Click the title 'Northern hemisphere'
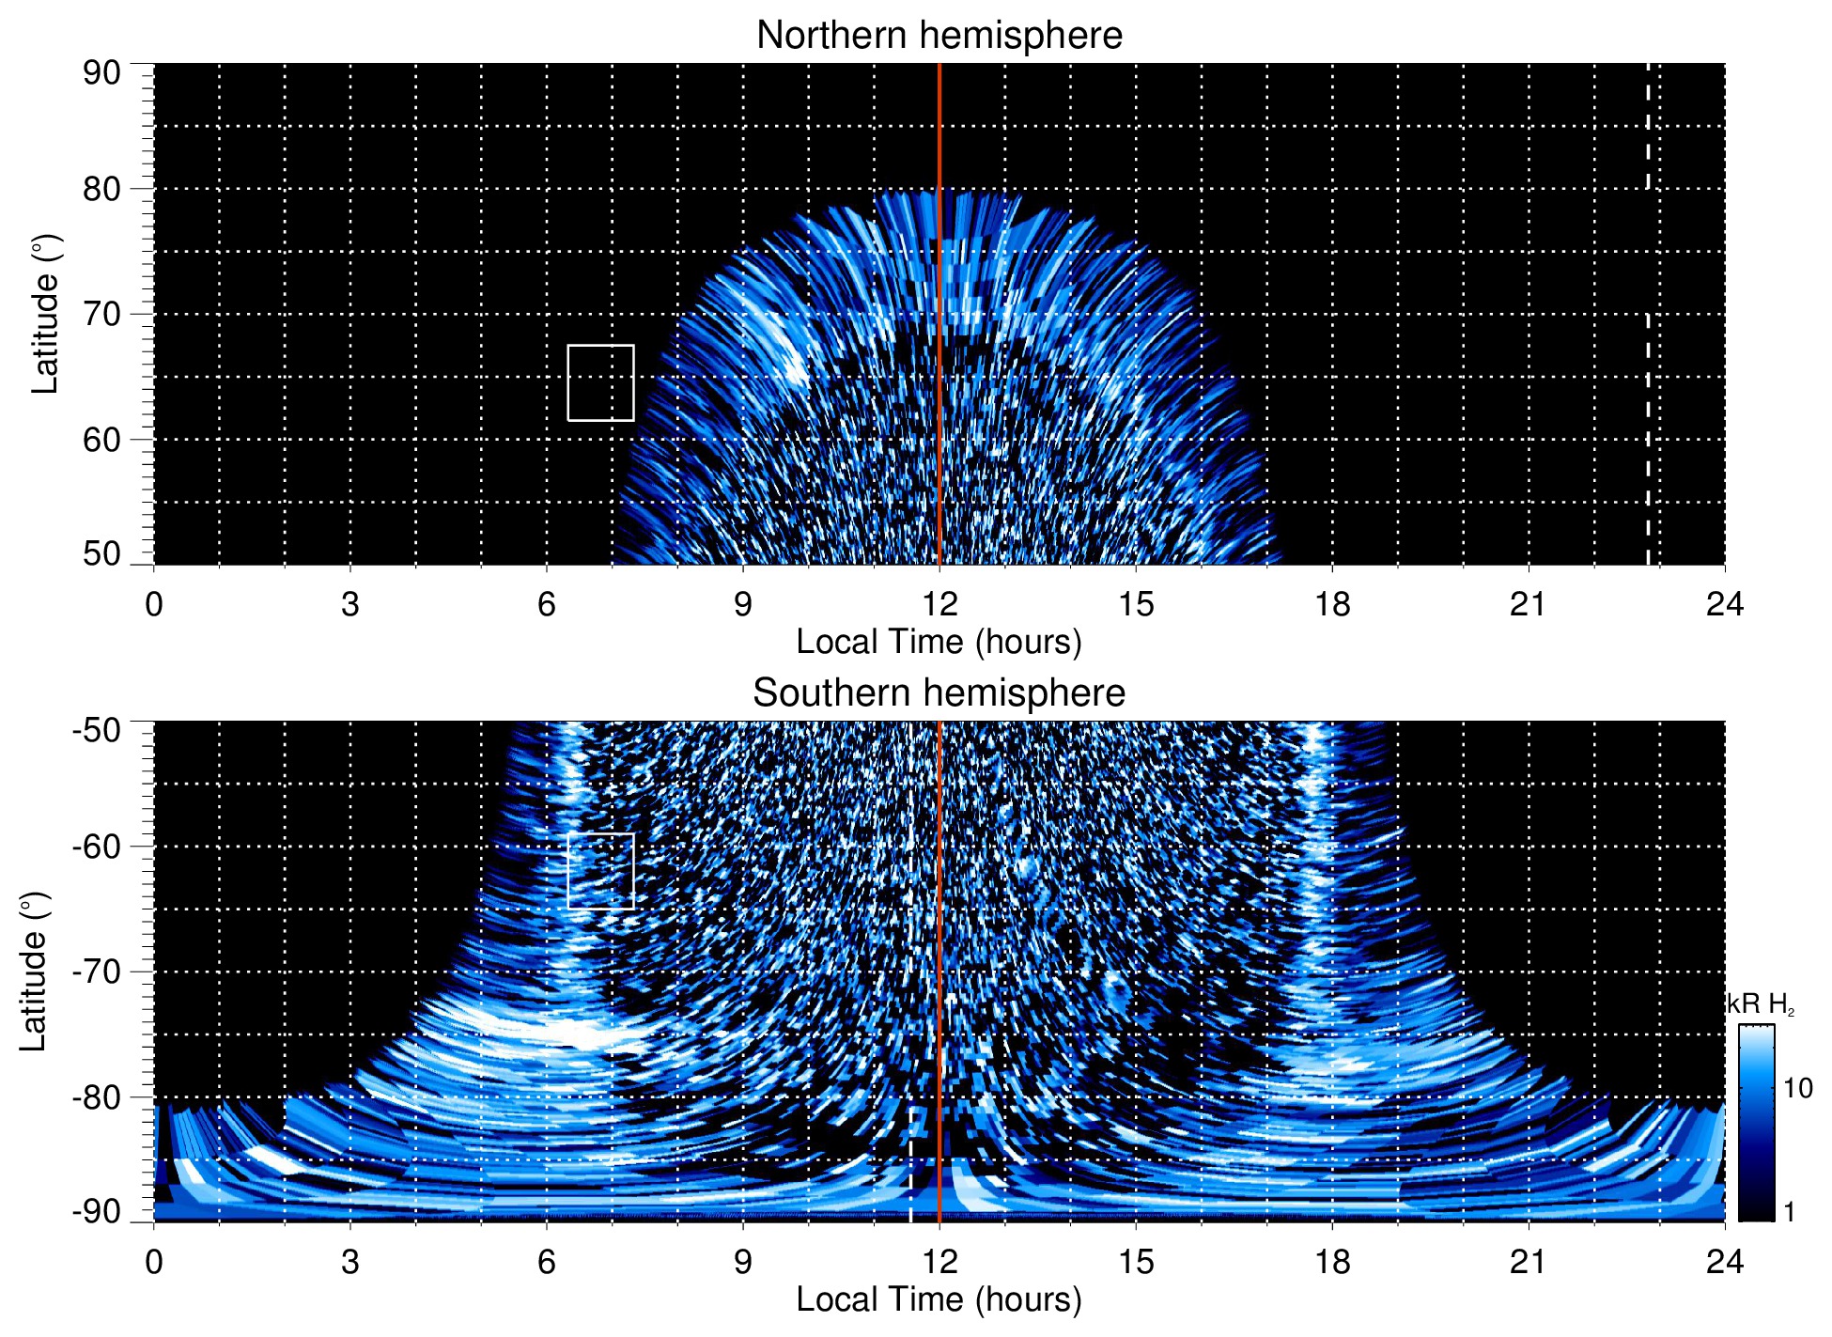(x=939, y=36)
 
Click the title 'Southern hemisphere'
(x=939, y=693)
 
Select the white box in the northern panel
(x=600, y=382)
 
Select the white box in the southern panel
(x=600, y=870)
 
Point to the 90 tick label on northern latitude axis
(x=101, y=73)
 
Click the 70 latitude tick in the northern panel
(x=101, y=314)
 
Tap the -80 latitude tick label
(x=97, y=1096)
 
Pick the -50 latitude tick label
(x=97, y=730)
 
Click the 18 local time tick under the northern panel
(x=1331, y=604)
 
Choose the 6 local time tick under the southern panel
(x=547, y=1262)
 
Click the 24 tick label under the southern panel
(x=1724, y=1262)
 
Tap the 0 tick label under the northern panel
(x=154, y=604)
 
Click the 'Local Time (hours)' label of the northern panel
(x=939, y=642)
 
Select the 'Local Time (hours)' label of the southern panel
(x=939, y=1299)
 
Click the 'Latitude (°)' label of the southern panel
(x=34, y=972)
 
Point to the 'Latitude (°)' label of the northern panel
(x=45, y=314)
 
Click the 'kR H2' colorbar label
(x=1761, y=1004)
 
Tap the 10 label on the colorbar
(x=1797, y=1088)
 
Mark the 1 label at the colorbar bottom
(x=1789, y=1211)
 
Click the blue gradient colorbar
(x=1755, y=1123)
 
